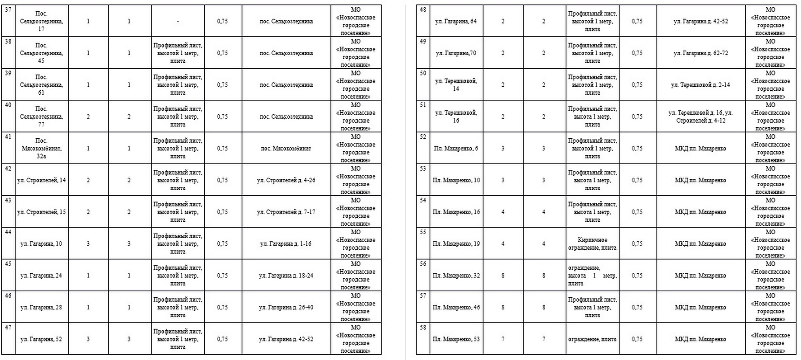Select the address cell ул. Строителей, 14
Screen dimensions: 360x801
click(x=41, y=180)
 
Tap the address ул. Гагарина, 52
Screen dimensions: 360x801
click(x=41, y=339)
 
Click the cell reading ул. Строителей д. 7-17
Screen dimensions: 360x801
click(x=286, y=212)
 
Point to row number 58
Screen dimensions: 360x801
click(x=423, y=328)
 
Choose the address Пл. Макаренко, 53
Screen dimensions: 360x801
click(x=456, y=339)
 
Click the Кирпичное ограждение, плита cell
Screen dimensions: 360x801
click(x=592, y=244)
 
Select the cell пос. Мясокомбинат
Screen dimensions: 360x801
click(x=286, y=149)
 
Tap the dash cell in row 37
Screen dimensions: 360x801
click(x=178, y=21)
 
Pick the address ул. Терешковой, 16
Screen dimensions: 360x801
click(x=456, y=117)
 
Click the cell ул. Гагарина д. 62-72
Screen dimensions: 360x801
click(x=701, y=53)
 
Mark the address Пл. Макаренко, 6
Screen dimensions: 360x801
click(x=456, y=149)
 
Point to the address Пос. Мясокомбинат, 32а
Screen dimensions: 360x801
click(x=41, y=148)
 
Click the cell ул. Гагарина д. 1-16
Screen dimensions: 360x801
click(x=286, y=244)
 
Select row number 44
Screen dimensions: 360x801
click(x=8, y=232)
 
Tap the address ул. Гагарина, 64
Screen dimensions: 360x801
click(x=456, y=21)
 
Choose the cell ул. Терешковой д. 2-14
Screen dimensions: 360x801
click(x=701, y=85)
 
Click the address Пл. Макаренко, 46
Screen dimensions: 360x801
click(x=456, y=307)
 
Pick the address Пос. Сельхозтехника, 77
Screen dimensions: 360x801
click(x=41, y=117)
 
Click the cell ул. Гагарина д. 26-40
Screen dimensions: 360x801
click(x=286, y=307)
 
